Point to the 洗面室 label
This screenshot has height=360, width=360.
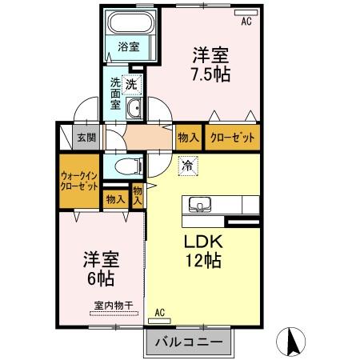coord(117,93)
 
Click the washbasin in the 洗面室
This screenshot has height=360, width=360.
coord(134,109)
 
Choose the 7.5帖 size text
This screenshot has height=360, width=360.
coord(210,75)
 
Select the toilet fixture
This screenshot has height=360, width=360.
coord(126,167)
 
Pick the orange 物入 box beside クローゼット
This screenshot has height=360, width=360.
coord(189,138)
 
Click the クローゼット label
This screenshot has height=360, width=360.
coord(233,138)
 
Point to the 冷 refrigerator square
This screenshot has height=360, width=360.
coord(186,167)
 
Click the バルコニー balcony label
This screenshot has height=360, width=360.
coord(187,342)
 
